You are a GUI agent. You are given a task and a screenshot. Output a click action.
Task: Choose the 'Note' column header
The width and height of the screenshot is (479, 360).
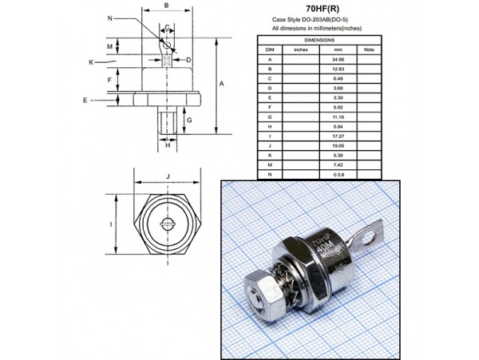click(368, 49)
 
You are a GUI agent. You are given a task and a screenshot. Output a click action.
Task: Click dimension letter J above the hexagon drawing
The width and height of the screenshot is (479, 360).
click(167, 176)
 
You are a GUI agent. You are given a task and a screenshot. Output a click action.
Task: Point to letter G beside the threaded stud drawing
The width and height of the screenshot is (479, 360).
click(188, 120)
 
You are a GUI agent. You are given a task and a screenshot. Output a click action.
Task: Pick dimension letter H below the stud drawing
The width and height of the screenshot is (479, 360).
click(167, 145)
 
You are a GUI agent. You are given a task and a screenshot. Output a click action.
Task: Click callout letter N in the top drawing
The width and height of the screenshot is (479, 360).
click(109, 17)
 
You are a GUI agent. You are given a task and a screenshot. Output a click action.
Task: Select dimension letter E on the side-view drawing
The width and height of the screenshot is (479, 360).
click(85, 100)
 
